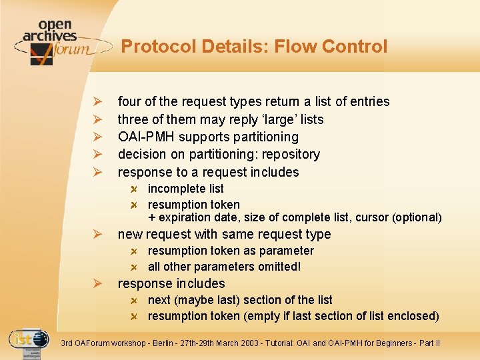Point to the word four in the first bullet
click(x=129, y=101)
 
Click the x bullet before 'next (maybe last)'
click(x=134, y=301)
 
